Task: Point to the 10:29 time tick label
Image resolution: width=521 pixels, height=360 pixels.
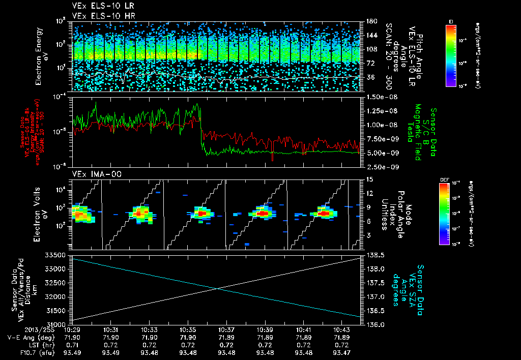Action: coord(71,330)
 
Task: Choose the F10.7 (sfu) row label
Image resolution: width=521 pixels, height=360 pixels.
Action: coord(34,351)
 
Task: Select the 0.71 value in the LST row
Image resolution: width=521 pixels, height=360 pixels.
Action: coord(71,344)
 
